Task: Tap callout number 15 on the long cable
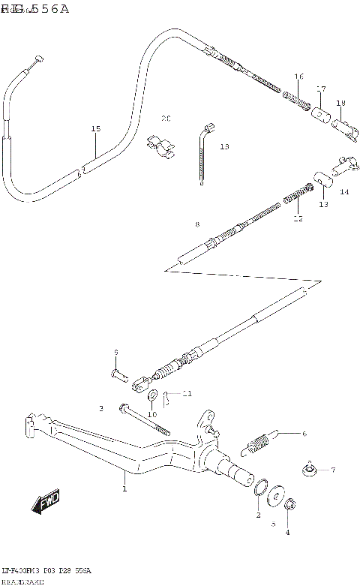95,129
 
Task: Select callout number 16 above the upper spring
298,77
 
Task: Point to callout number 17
321,89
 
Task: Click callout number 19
340,103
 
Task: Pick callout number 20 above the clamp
166,119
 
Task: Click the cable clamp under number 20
160,146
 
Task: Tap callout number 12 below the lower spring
298,218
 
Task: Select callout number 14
344,191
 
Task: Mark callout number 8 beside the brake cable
196,224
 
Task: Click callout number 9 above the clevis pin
116,352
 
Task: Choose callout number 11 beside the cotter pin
187,393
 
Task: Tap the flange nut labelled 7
309,470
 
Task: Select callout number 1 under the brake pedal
124,488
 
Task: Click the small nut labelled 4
291,505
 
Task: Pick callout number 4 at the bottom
286,533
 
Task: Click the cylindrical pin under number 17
321,115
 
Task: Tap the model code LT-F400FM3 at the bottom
22,571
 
